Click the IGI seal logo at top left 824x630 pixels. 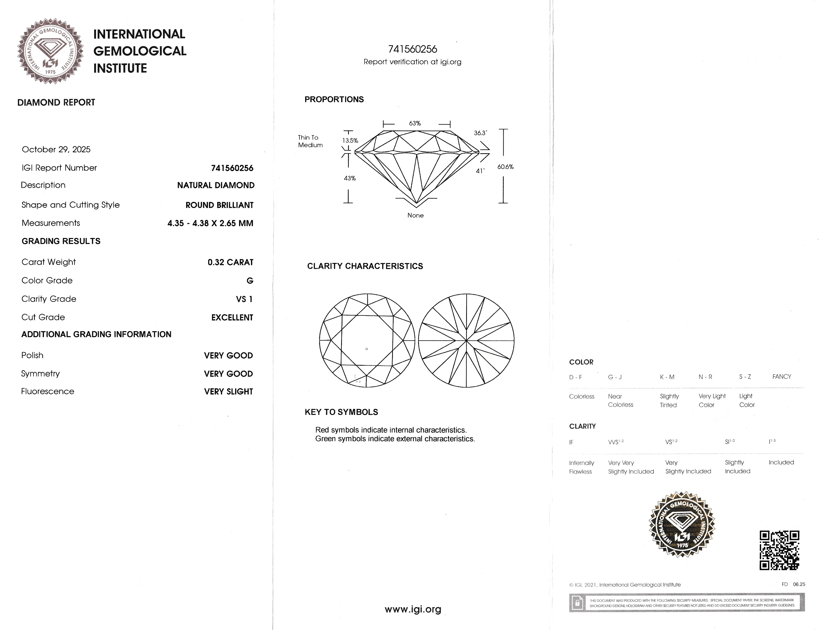50,51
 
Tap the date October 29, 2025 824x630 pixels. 56,149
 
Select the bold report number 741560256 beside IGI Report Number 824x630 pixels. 232,168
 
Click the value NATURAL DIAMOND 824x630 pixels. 216,185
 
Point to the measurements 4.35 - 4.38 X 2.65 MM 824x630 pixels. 210,223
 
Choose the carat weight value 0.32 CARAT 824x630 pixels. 230,262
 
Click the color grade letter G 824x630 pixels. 250,280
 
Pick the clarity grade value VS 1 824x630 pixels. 244,299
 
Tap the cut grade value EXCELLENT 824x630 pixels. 232,317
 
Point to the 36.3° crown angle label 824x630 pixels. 480,133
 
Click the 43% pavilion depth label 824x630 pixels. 350,178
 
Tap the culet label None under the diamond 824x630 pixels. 415,215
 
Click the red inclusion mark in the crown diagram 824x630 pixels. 367,349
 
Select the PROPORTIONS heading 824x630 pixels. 334,99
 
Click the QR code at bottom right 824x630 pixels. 779,550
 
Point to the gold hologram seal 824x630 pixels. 682,524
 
